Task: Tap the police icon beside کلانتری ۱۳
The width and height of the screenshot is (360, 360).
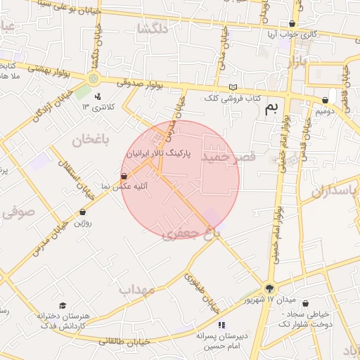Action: [98, 96]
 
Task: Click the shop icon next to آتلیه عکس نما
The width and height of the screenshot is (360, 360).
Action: [124, 176]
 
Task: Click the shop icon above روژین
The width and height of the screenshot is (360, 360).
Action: [83, 212]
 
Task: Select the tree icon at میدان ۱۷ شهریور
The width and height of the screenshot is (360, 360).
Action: [270, 288]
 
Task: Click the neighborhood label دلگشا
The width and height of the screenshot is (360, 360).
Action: [155, 29]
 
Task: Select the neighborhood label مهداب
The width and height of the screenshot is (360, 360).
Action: [136, 289]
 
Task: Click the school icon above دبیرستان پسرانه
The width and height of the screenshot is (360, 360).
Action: [221, 325]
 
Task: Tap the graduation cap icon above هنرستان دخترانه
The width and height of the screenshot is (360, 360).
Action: [63, 306]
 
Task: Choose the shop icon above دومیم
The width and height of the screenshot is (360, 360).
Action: [325, 101]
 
